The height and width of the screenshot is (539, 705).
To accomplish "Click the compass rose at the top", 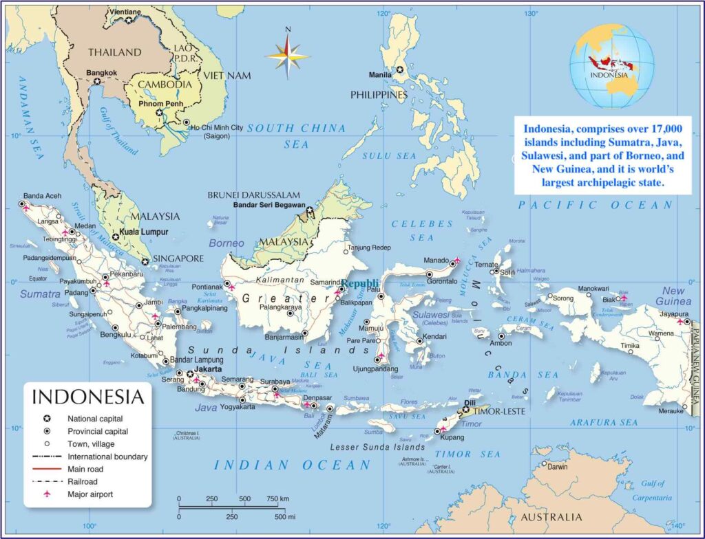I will [287, 54].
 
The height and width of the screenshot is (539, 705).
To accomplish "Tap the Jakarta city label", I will [208, 369].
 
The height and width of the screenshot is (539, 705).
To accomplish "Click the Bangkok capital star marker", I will [97, 81].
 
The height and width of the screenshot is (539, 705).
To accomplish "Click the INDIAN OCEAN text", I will [293, 465].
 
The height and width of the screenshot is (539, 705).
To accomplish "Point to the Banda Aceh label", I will [43, 196].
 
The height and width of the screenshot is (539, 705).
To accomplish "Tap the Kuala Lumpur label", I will [145, 232].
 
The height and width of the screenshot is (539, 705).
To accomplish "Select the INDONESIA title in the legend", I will [88, 397].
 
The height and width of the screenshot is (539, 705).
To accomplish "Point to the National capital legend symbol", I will [47, 419].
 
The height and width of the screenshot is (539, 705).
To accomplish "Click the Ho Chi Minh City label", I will [217, 128].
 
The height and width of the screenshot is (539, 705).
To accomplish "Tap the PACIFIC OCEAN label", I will [595, 205].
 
